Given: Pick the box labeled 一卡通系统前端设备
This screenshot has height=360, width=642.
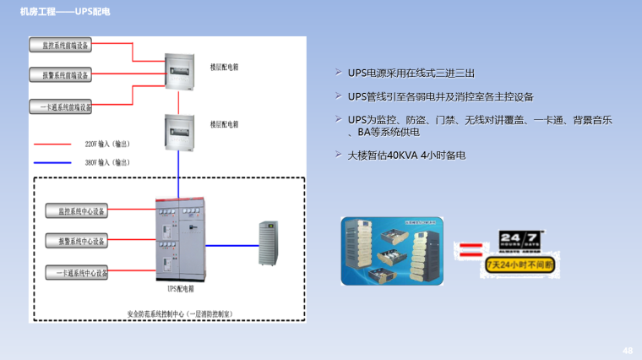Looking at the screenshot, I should click(x=60, y=106).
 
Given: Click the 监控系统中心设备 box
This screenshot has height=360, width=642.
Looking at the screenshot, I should click(x=77, y=210).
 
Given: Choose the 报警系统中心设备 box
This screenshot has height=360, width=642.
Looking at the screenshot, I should click(x=77, y=242).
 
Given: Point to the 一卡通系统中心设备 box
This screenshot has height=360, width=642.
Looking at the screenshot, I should click(x=77, y=273).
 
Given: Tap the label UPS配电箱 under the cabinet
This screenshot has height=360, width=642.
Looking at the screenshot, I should click(x=180, y=288).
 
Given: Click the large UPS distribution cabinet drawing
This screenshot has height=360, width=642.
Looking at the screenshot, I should click(x=179, y=242).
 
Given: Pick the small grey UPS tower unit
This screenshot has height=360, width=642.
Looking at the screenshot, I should click(x=269, y=243).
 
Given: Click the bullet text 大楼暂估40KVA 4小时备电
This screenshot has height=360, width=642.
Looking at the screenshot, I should click(x=407, y=155).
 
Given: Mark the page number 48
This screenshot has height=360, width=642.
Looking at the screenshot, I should click(x=627, y=349).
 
